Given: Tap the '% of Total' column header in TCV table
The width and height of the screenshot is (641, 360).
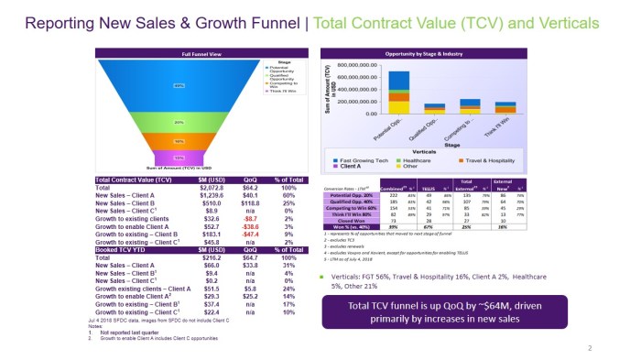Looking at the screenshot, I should (288, 180).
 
